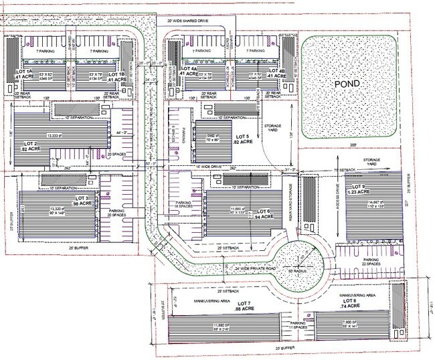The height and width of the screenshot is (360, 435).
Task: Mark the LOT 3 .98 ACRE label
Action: (88, 201)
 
